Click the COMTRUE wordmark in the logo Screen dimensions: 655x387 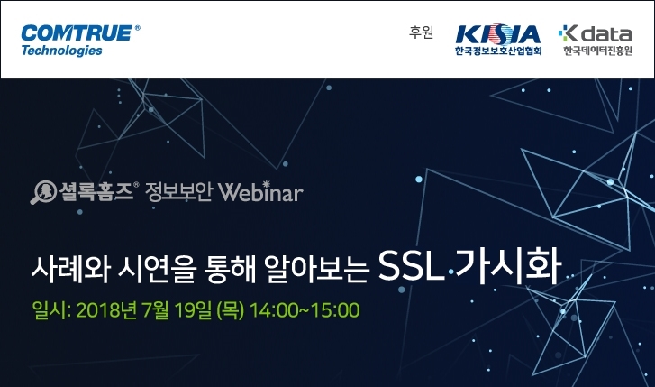77,33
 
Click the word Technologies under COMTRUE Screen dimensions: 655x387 62,51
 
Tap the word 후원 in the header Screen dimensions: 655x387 421,32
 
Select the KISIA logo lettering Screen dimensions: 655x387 497,34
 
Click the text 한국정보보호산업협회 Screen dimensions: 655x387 498,51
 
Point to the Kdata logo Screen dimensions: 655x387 596,33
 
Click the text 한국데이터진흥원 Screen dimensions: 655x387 597,51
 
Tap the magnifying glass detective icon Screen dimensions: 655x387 43,192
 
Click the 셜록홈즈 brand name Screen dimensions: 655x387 96,191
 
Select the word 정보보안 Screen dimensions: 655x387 178,192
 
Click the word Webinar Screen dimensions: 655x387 260,192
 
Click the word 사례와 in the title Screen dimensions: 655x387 70,269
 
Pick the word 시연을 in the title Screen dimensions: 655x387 157,269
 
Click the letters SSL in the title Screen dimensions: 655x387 411,266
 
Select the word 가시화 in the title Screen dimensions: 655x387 508,266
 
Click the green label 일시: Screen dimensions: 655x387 51,310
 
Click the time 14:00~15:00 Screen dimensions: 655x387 305,310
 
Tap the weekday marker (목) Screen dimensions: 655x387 230,311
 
